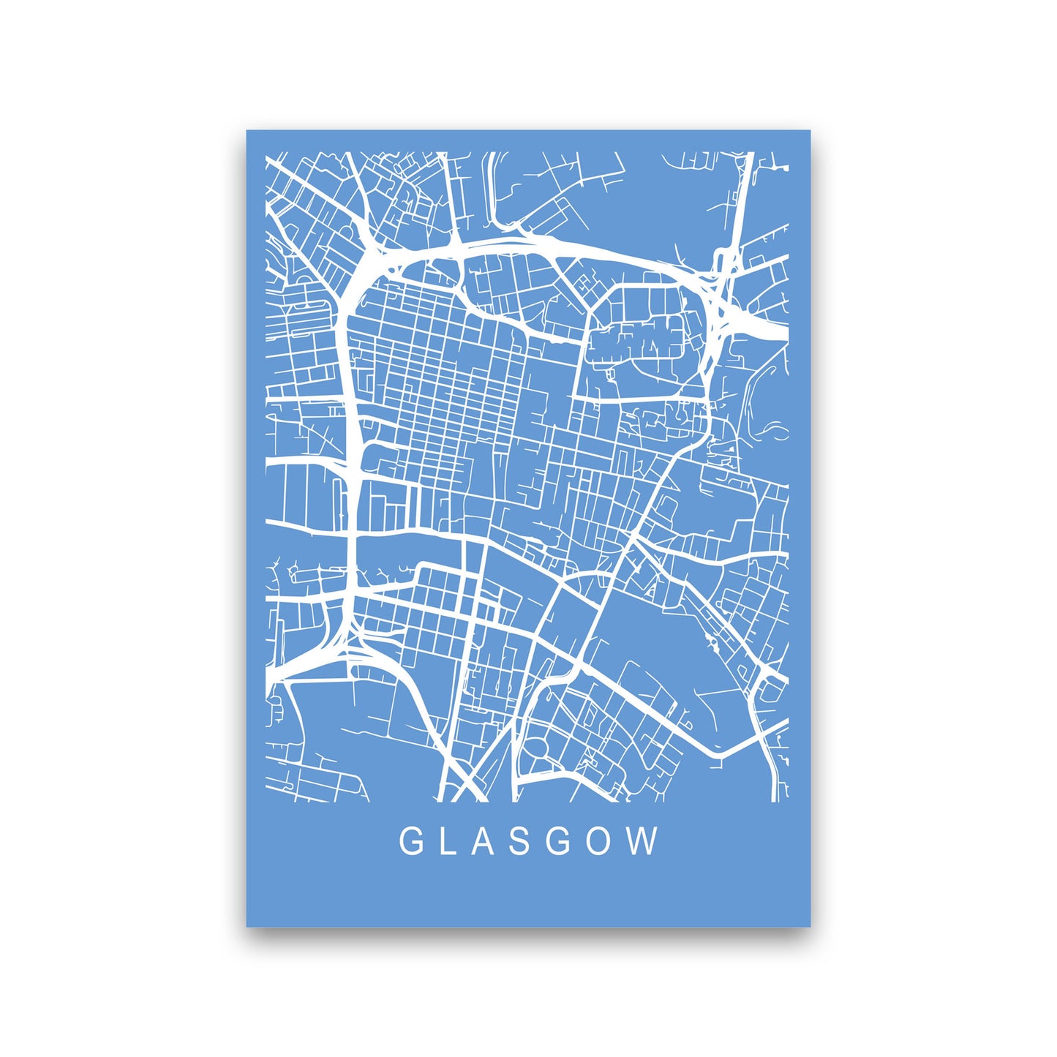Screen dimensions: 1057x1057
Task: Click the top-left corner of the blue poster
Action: click(x=247, y=131)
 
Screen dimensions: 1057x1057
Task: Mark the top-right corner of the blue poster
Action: click(x=810, y=131)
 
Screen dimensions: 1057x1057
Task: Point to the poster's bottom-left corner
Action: click(x=247, y=926)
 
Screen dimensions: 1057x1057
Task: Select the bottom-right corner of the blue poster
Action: click(x=810, y=926)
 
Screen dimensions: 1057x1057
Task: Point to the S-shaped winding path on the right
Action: click(x=768, y=432)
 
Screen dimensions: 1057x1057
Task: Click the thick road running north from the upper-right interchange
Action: click(x=740, y=198)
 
